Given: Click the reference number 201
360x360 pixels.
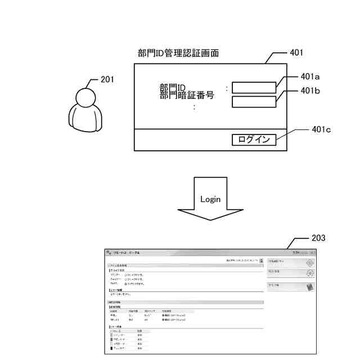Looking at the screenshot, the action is (x=107, y=79).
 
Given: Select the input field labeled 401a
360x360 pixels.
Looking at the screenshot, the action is (x=254, y=87).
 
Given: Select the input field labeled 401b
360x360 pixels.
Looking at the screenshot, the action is (x=254, y=102).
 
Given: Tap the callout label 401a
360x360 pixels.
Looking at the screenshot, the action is (x=310, y=76).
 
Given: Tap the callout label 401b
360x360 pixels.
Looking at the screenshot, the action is (x=310, y=90).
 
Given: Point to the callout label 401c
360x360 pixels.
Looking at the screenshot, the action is (x=321, y=129).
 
